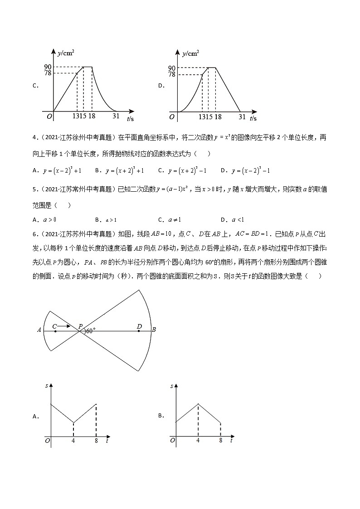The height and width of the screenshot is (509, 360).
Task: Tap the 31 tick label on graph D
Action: (242, 116)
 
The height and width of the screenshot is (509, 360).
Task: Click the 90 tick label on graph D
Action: (171, 68)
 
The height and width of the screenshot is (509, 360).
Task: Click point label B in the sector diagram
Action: (154, 330)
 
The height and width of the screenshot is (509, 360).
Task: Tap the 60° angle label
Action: (90, 331)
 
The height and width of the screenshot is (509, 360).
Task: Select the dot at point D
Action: (139, 331)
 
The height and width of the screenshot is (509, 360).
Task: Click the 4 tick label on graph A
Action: (73, 440)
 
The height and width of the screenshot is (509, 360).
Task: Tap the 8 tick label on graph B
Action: (220, 440)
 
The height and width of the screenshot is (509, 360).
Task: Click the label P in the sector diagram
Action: (80, 326)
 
